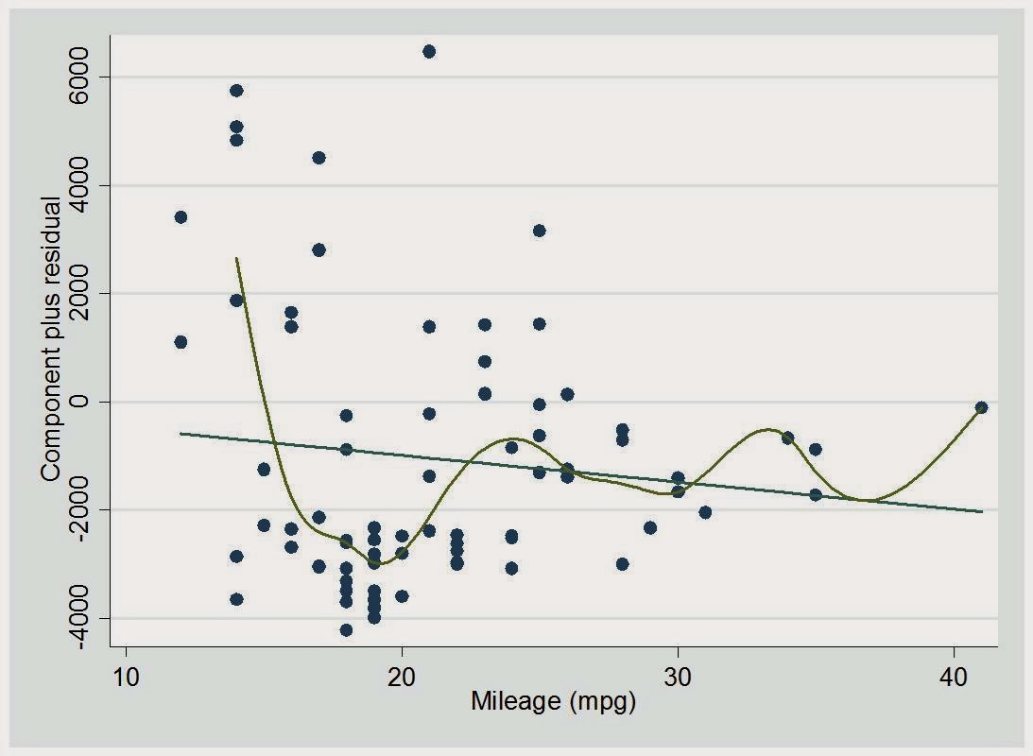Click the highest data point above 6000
click(x=429, y=51)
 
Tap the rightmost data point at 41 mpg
click(x=981, y=407)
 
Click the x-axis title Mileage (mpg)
click(x=553, y=703)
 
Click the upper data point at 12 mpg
click(x=181, y=217)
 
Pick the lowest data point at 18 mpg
click(x=346, y=630)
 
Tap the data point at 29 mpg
click(x=650, y=527)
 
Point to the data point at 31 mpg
click(x=705, y=512)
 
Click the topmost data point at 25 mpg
click(x=540, y=231)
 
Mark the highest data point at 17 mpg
click(x=319, y=158)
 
